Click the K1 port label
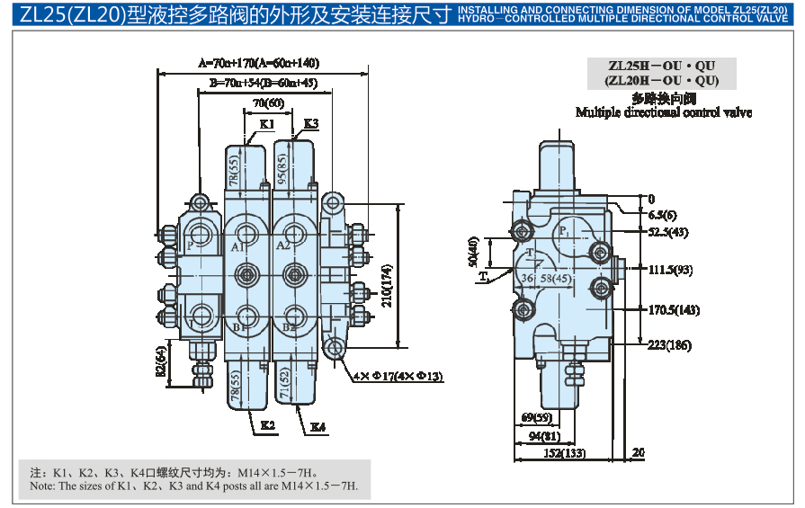point(266,123)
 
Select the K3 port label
point(310,123)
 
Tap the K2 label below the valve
point(267,424)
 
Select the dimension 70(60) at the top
point(268,102)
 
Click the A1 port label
point(237,245)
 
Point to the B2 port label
point(288,327)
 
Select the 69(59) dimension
point(536,418)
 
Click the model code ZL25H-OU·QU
point(662,66)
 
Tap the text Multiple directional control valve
point(663,112)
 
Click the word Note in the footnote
point(41,486)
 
